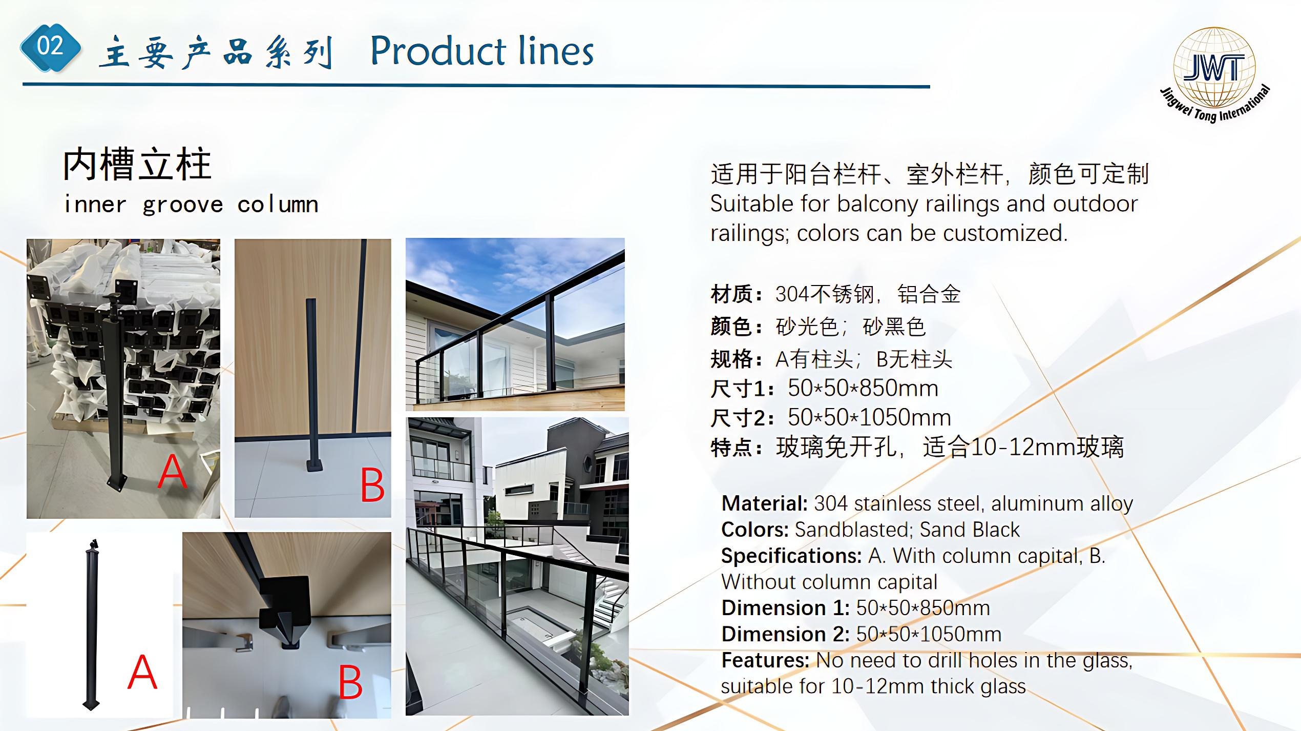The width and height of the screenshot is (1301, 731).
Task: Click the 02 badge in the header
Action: pos(50,47)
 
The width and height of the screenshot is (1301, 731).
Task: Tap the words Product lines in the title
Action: pos(481,51)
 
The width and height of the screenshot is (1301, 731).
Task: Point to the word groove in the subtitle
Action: pos(182,205)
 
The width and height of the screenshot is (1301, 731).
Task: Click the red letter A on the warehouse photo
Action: pos(172,472)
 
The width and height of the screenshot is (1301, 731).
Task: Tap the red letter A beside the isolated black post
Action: pos(142,672)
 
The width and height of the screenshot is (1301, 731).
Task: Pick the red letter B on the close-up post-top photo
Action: pos(351,682)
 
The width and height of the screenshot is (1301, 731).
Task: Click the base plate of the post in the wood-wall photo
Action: pos(314,465)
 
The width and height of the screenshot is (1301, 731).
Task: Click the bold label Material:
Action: pos(764,504)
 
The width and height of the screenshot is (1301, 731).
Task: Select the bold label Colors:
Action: pos(755,530)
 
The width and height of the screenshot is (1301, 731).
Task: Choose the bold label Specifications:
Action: pos(791,556)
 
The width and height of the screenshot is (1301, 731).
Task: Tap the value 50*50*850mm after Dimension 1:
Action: pos(923,608)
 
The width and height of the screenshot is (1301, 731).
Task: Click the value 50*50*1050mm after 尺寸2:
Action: pos(869,417)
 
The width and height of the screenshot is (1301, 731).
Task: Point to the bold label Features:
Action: pos(765,660)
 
